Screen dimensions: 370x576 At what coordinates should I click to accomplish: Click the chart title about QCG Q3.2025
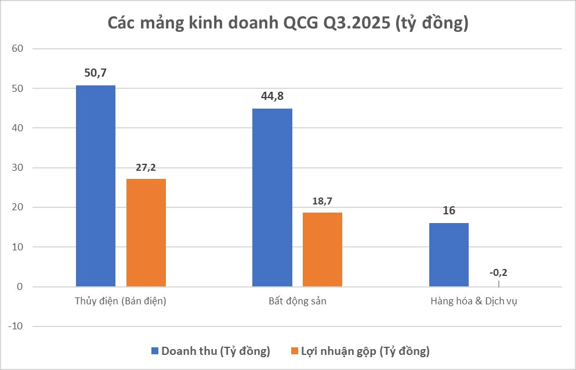click(288, 24)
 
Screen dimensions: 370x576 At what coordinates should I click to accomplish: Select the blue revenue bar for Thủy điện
click(96, 186)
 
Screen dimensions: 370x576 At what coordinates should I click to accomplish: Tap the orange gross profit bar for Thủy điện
click(146, 232)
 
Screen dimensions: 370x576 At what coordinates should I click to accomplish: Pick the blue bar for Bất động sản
click(272, 197)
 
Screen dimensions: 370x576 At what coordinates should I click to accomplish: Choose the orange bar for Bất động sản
click(323, 249)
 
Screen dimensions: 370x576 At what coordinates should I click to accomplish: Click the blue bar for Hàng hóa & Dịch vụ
click(449, 254)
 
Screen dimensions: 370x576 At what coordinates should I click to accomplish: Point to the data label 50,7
click(96, 73)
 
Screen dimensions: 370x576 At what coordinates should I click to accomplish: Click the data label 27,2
click(146, 167)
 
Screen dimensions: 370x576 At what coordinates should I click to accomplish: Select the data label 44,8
click(272, 96)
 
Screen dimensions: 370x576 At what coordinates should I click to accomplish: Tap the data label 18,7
click(323, 201)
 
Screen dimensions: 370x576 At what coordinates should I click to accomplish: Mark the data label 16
click(449, 211)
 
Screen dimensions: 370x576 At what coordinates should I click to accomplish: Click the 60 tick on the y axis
click(17, 49)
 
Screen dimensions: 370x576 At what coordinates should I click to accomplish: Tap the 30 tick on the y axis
click(17, 168)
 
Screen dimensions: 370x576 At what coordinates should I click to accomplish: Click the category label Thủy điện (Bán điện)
click(121, 301)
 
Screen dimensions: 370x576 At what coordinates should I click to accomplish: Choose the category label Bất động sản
click(297, 301)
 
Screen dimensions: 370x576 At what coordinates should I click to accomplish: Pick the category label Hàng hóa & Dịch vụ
click(473, 301)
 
